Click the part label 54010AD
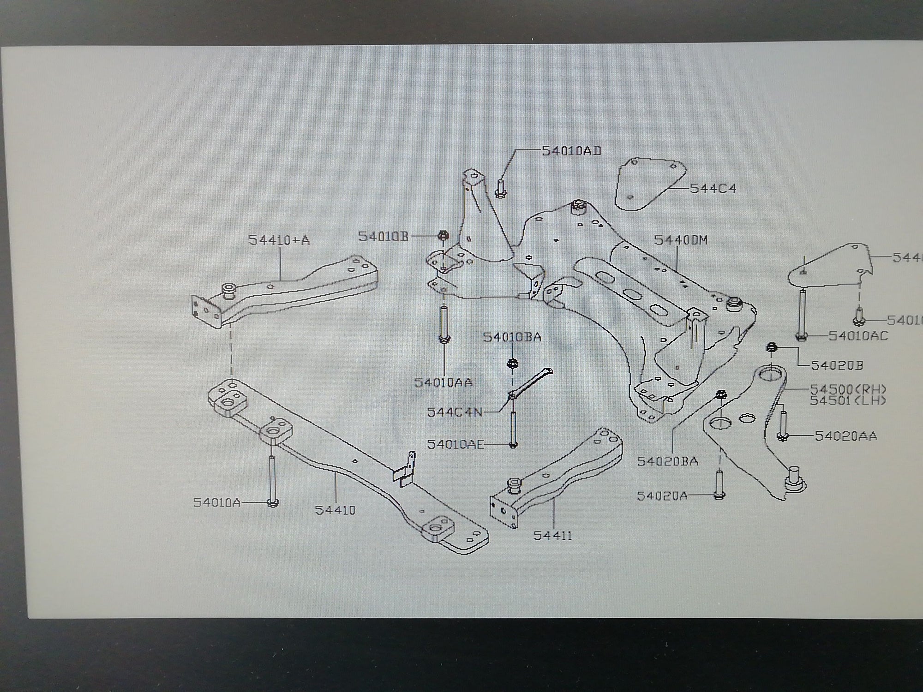[x=571, y=151]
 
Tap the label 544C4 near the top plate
[x=713, y=189]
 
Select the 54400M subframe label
[x=681, y=240]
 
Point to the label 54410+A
[x=279, y=240]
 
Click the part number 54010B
[x=384, y=236]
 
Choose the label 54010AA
[x=444, y=382]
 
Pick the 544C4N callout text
[x=455, y=412]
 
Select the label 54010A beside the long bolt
[x=217, y=502]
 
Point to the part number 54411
[x=552, y=536]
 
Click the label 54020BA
[x=668, y=461]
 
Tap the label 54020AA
[x=846, y=435]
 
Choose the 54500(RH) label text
[x=848, y=389]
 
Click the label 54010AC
[x=858, y=336]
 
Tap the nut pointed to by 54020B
[x=771, y=346]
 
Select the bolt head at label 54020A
[x=719, y=495]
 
